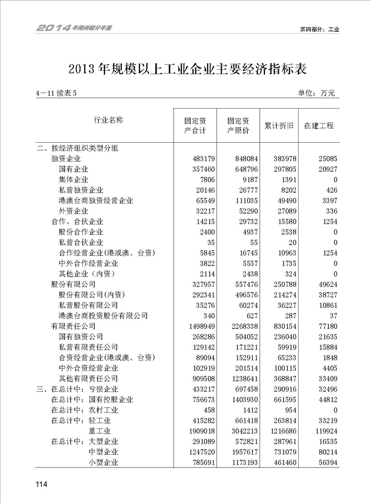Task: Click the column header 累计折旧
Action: pos(279,126)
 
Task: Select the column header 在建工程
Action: pos(319,126)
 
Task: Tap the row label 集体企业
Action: pos(74,179)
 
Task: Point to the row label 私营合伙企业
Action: pos(81,242)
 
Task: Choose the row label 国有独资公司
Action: pos(81,336)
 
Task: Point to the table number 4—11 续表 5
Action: pos(56,93)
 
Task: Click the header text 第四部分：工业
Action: pos(319,29)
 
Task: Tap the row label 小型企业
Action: pos(103,463)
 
